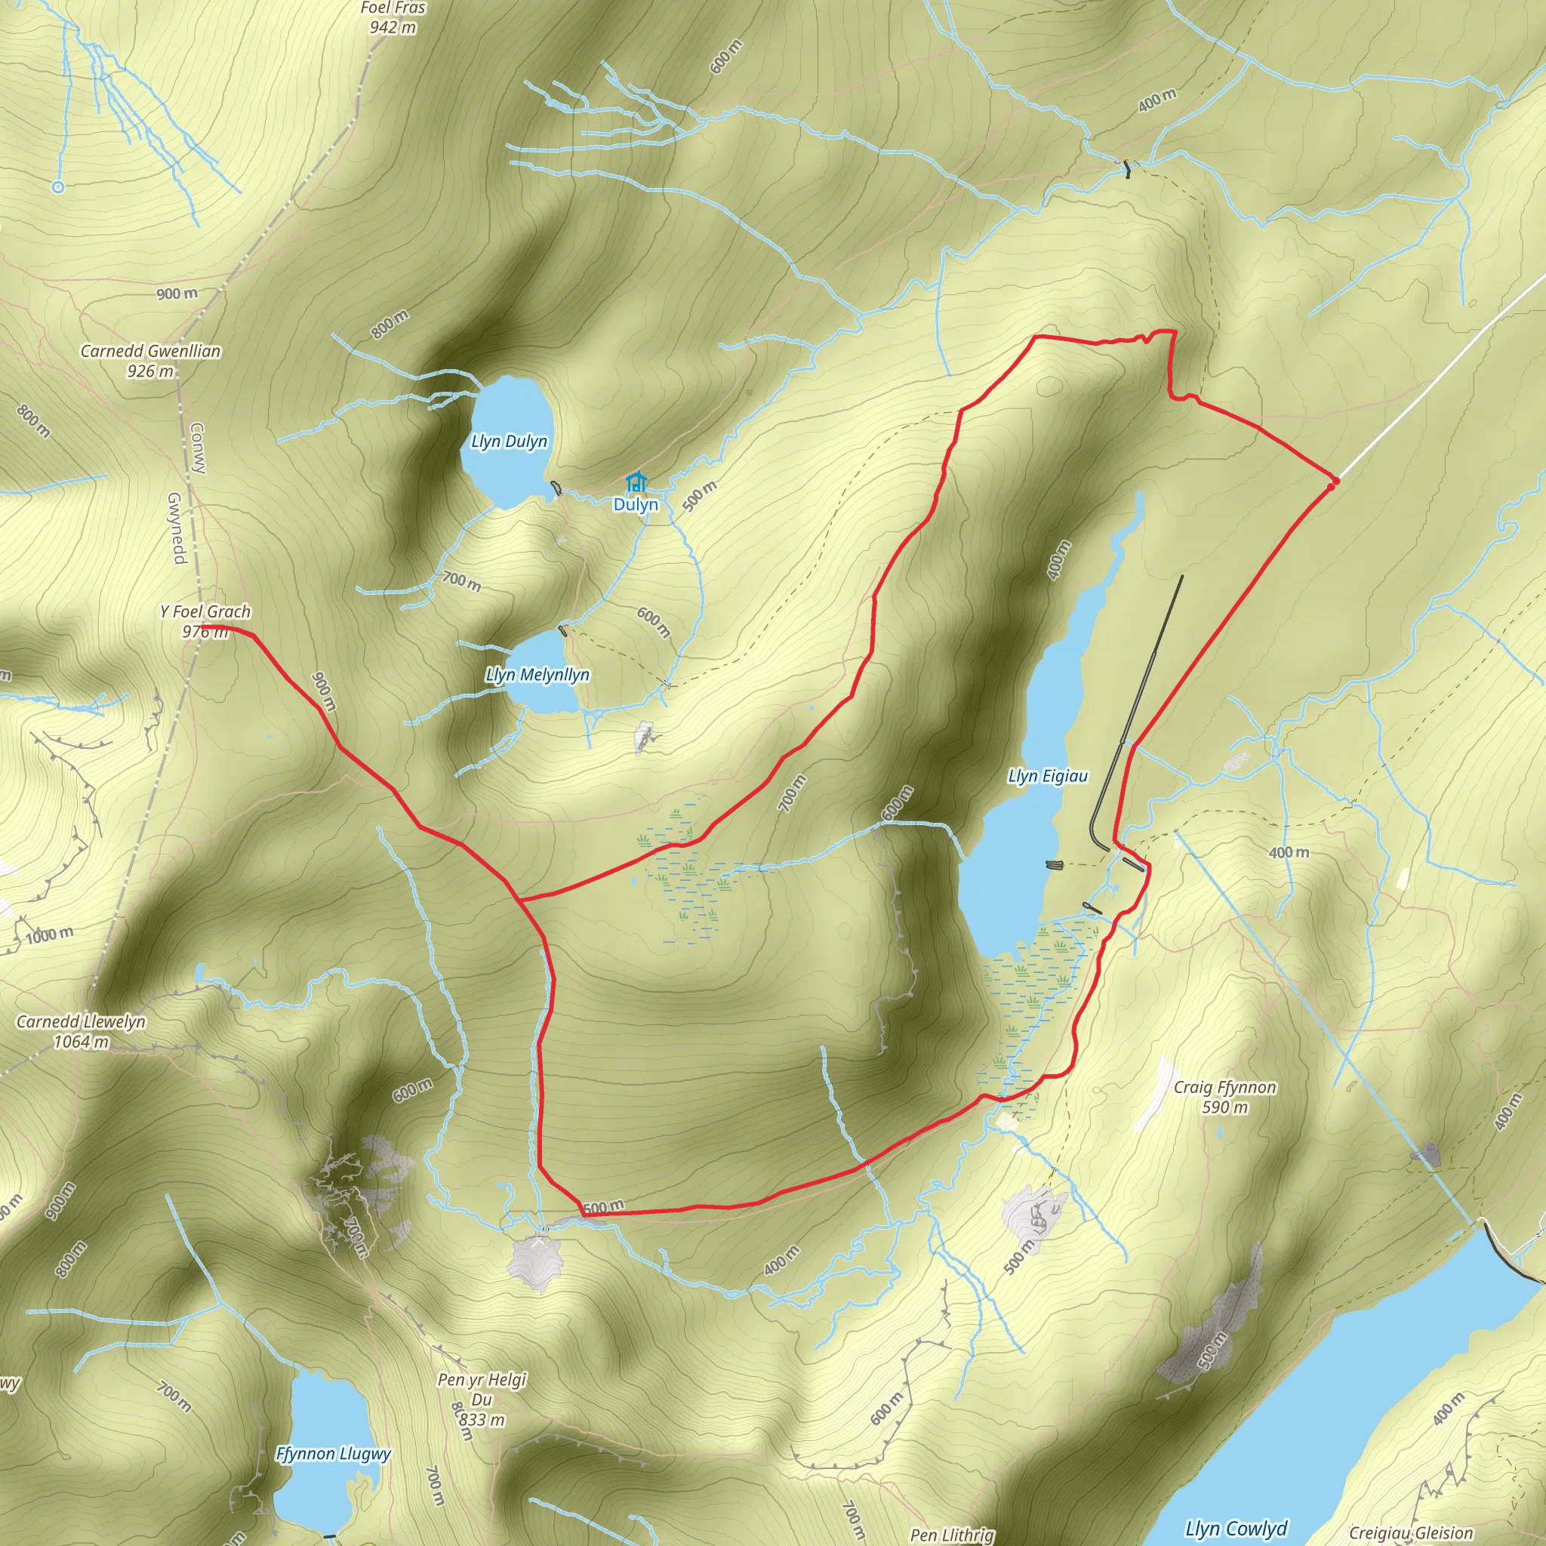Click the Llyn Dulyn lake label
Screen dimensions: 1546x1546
coord(509,441)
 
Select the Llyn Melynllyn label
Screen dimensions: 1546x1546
coord(537,675)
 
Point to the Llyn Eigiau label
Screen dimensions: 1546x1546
coord(1048,775)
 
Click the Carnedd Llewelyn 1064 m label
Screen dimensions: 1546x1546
coord(81,1031)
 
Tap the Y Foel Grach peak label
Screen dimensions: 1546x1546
coord(205,621)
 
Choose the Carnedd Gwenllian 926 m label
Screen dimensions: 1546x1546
coord(150,360)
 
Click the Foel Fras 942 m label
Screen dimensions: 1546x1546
coord(393,17)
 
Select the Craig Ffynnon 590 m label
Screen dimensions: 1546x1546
coord(1224,1096)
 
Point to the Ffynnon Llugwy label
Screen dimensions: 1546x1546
coord(333,1453)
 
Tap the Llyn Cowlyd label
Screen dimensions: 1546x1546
coord(1236,1529)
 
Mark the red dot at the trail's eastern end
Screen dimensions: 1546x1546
coord(1332,484)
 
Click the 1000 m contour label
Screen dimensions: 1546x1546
coord(50,935)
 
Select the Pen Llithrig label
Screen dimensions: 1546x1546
coord(952,1534)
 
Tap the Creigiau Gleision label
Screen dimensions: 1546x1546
coord(1411,1533)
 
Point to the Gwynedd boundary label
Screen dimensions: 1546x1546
coord(176,528)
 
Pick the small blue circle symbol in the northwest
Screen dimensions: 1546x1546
coord(57,187)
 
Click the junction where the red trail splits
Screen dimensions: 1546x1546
coord(521,901)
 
